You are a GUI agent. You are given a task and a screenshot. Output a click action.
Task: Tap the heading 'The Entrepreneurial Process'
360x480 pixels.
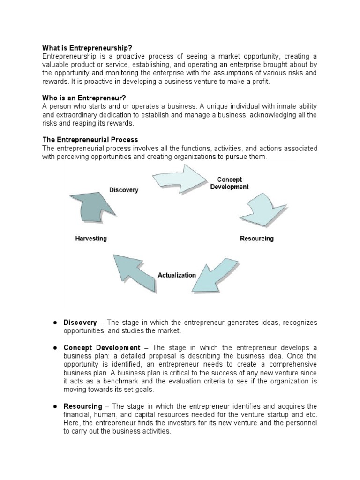click(x=90, y=140)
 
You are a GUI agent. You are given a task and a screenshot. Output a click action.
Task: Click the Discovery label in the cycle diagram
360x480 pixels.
click(x=124, y=190)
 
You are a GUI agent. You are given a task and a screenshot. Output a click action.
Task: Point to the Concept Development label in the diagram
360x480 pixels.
click(x=230, y=183)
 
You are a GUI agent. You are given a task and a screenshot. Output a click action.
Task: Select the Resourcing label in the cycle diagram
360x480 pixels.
click(x=256, y=239)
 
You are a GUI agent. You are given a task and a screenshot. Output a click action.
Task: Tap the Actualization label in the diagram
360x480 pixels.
click(x=177, y=275)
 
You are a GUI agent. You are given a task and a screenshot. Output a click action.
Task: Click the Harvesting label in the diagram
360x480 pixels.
click(x=91, y=239)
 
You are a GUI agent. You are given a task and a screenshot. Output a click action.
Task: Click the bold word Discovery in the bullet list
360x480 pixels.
click(x=80, y=323)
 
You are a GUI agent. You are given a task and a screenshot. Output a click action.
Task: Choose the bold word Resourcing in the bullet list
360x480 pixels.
click(x=82, y=406)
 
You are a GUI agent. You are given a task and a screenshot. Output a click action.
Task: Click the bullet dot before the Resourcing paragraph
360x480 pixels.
click(x=54, y=406)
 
